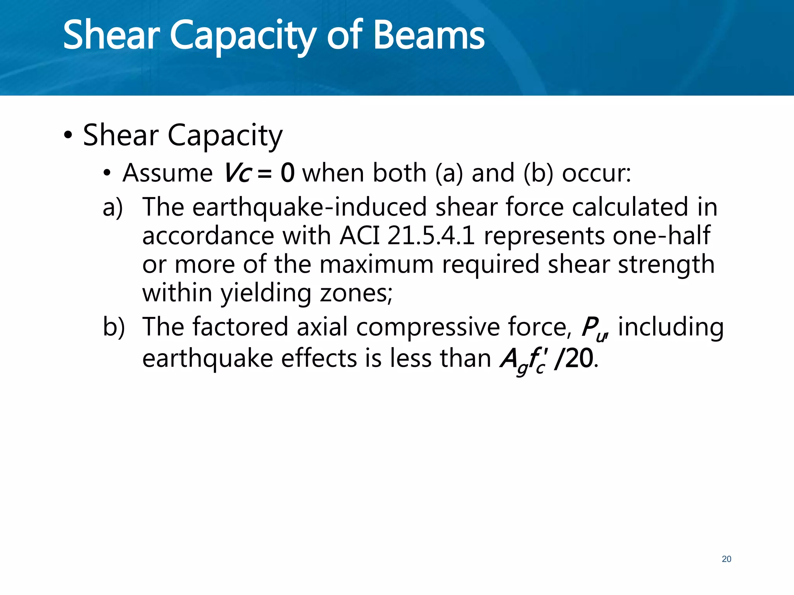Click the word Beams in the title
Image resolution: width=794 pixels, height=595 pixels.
pyautogui.click(x=429, y=36)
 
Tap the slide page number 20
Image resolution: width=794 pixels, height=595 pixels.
pyautogui.click(x=726, y=559)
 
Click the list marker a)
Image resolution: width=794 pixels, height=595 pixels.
pyautogui.click(x=113, y=207)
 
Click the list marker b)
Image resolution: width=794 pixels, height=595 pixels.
pyautogui.click(x=114, y=327)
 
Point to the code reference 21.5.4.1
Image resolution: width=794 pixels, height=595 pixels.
pyautogui.click(x=431, y=236)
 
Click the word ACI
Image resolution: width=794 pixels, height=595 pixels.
pyautogui.click(x=359, y=236)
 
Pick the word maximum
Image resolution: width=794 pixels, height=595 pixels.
pyautogui.click(x=376, y=264)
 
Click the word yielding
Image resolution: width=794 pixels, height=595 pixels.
pyautogui.click(x=266, y=293)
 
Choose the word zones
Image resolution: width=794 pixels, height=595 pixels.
pyautogui.click(x=355, y=293)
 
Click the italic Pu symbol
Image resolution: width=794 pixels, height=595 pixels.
pyautogui.click(x=593, y=328)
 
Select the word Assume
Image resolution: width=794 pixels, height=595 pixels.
pyautogui.click(x=167, y=173)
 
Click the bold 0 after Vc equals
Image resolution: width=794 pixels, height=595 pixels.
pyautogui.click(x=288, y=173)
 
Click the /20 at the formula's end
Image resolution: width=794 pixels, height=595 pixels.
pyautogui.click(x=574, y=358)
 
